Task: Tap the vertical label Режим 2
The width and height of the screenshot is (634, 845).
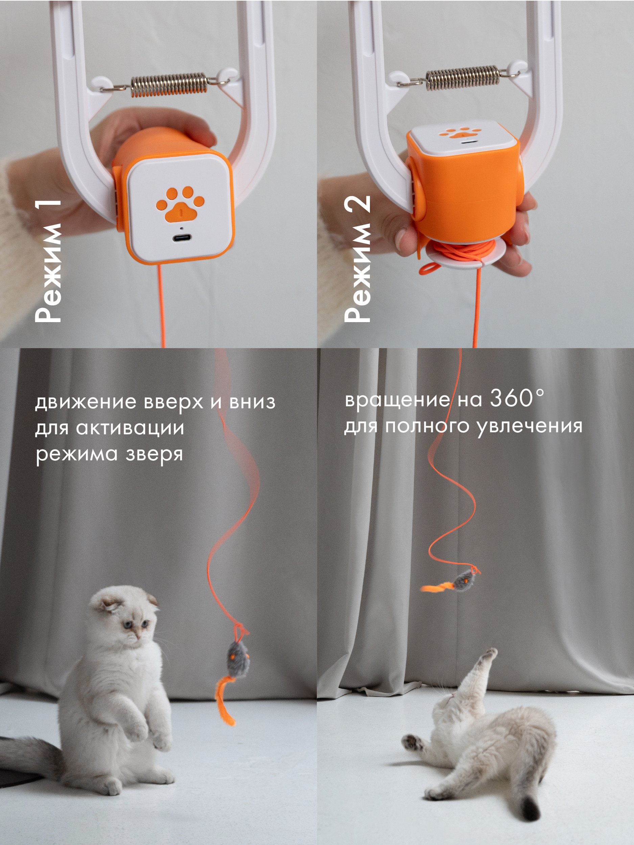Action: [x=357, y=259]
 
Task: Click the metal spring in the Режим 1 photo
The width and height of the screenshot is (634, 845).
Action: [x=169, y=84]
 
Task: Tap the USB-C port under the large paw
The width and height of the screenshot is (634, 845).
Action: [x=182, y=238]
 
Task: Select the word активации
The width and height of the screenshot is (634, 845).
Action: [x=130, y=428]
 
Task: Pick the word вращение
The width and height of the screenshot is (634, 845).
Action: [x=397, y=400]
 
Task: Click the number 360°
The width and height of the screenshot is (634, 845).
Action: [x=517, y=398]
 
